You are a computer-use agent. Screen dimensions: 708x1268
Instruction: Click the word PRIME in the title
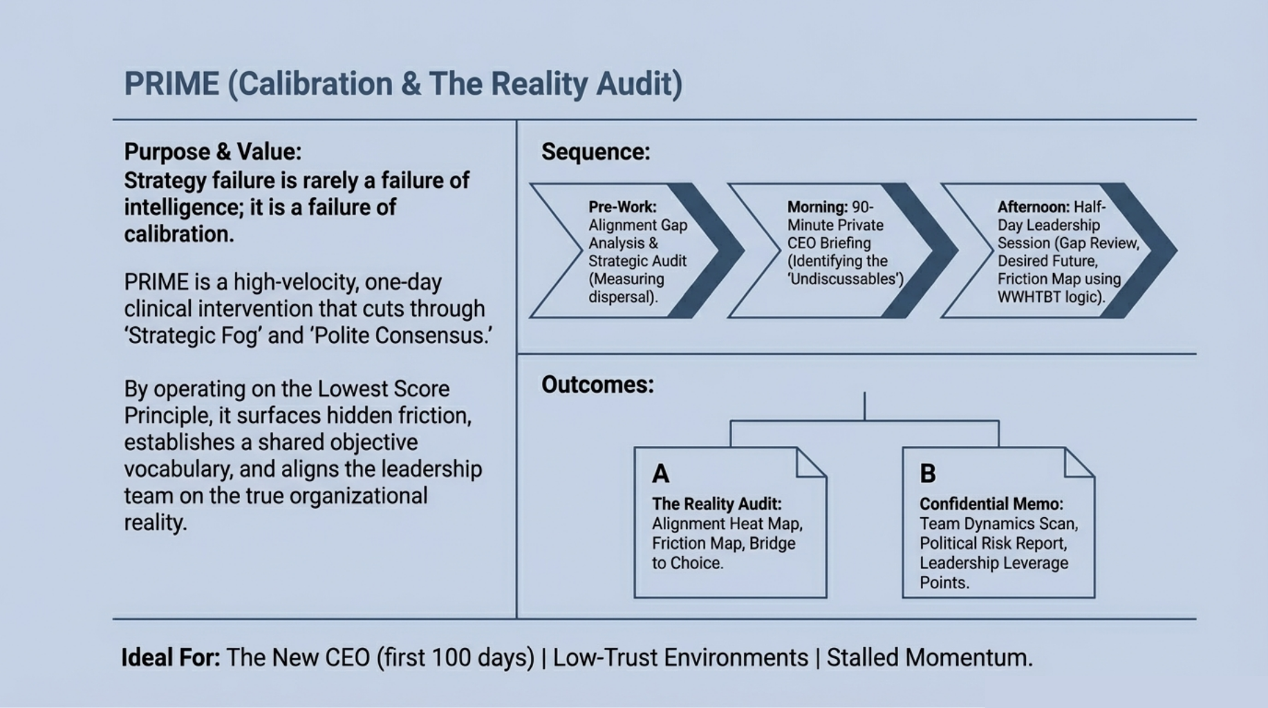click(171, 84)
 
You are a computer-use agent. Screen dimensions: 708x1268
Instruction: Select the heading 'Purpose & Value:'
click(212, 151)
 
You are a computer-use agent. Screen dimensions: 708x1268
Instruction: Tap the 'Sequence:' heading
click(595, 151)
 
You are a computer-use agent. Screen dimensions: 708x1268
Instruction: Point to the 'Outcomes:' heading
click(597, 384)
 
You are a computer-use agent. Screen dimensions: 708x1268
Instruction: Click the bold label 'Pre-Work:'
click(622, 207)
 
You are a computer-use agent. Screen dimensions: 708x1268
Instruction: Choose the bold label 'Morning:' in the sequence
click(817, 207)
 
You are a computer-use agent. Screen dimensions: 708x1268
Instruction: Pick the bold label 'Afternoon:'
click(1034, 207)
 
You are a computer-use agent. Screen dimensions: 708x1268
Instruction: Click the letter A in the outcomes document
click(660, 474)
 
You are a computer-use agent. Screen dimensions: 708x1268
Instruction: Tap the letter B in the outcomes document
click(928, 474)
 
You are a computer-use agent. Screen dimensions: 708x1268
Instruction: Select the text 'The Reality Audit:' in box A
click(716, 504)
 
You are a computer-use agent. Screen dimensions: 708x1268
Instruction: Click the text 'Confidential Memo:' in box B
click(991, 504)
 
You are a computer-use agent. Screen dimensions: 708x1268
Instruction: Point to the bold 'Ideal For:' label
click(170, 658)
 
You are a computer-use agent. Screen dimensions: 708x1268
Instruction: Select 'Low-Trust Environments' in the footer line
click(680, 658)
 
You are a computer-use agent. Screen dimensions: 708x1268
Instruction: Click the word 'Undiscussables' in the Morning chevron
click(845, 279)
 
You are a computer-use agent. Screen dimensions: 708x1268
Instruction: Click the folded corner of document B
click(1078, 463)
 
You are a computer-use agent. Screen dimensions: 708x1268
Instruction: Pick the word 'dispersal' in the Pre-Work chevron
click(620, 297)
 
